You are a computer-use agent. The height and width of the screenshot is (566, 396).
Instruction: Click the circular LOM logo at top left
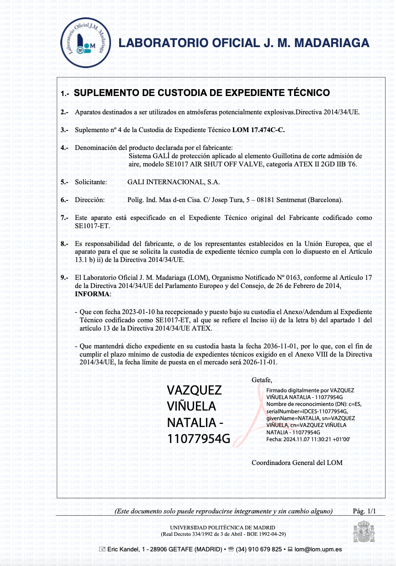coord(86,43)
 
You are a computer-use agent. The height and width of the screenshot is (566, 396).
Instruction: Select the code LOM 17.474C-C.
coord(258,130)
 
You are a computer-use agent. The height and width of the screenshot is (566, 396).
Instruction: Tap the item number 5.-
coord(64,182)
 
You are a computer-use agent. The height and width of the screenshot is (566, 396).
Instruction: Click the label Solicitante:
coord(91,182)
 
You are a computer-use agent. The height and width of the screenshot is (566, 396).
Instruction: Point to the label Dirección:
coord(90,200)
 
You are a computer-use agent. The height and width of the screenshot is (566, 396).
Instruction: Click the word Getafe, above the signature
coord(262,380)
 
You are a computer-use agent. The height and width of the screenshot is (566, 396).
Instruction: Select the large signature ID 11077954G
coord(199,439)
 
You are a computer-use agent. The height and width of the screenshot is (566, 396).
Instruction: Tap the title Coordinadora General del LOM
coord(297,463)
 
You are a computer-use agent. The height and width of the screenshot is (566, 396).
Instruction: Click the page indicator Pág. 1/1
coord(364,511)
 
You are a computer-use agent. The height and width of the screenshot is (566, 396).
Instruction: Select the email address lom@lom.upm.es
coord(318,550)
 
